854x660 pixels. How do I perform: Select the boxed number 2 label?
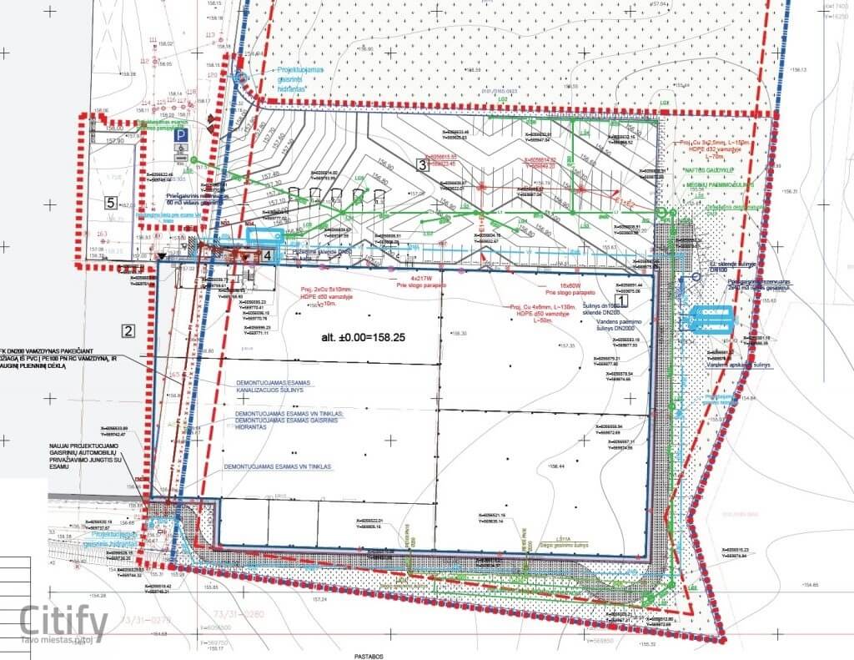click(x=128, y=330)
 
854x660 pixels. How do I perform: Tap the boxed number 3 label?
click(x=422, y=164)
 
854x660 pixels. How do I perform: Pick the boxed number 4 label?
click(x=267, y=255)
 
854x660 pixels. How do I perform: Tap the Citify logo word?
click(x=64, y=622)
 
